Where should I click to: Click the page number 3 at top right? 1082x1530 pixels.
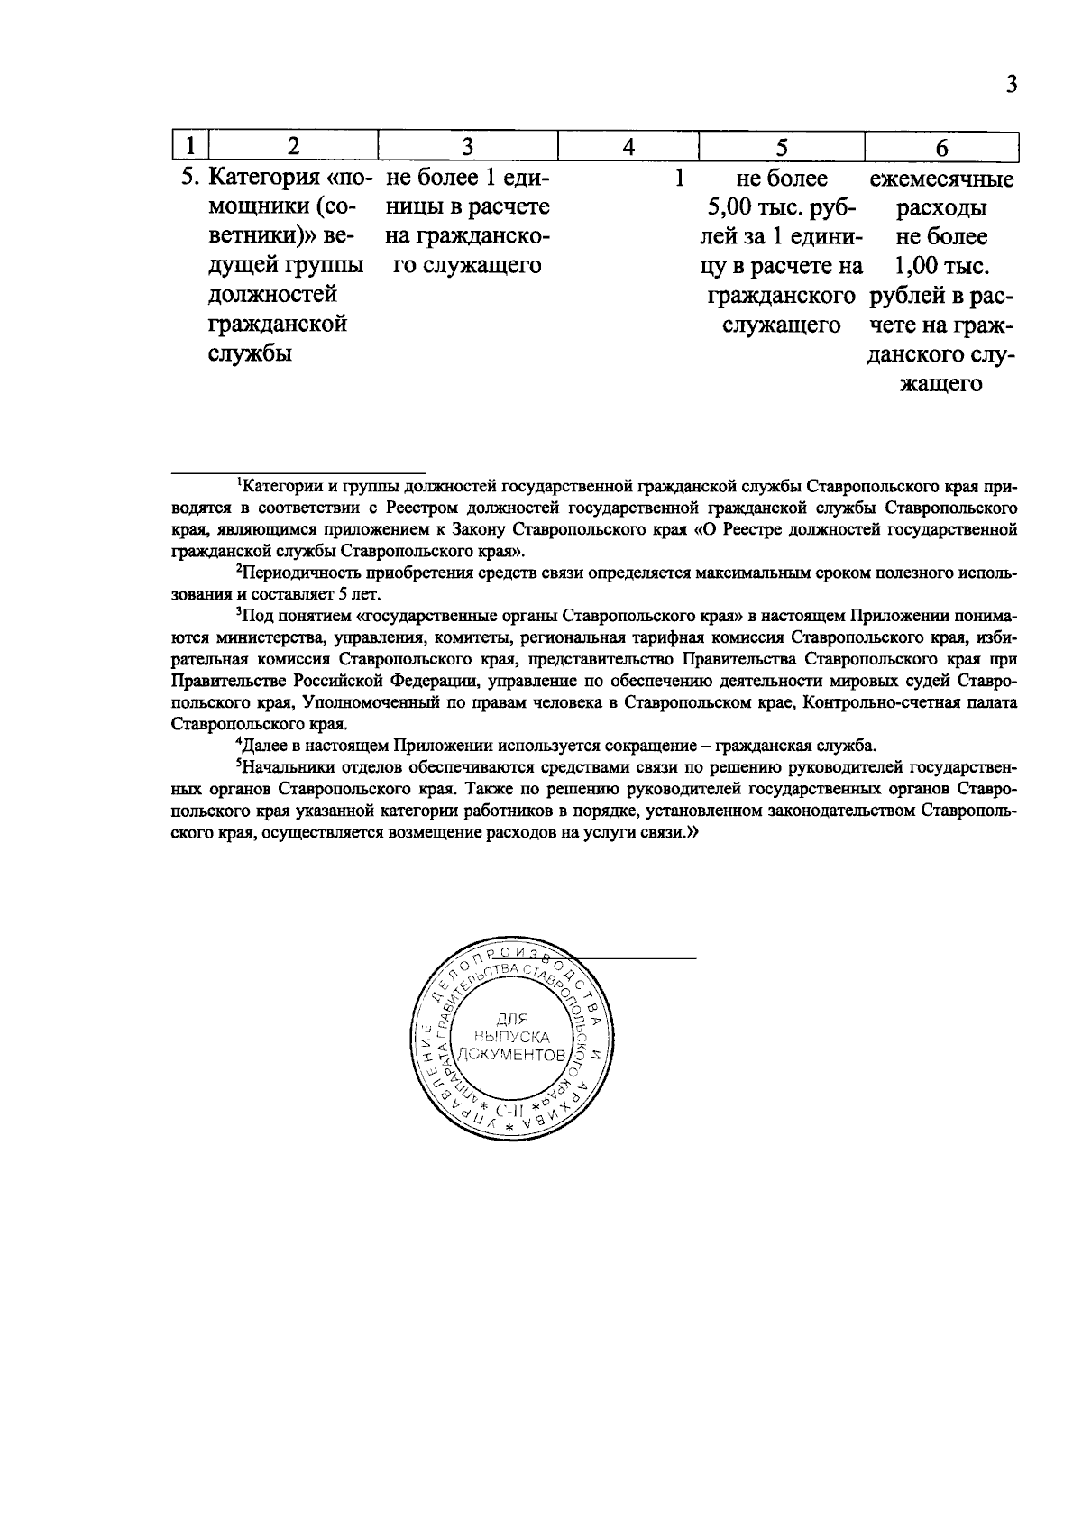tap(1011, 85)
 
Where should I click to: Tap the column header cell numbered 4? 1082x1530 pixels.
tap(628, 146)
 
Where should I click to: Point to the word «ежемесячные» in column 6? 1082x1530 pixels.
tap(941, 179)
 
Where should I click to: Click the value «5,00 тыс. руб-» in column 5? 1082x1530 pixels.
tap(782, 208)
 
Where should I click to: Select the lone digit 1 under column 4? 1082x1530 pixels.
tap(679, 179)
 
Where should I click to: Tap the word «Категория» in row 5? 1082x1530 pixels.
tap(261, 179)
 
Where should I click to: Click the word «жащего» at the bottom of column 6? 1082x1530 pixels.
tap(941, 384)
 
